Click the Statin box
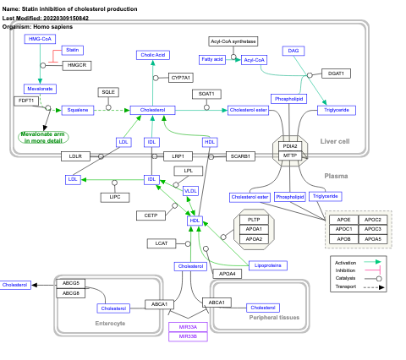(74, 50)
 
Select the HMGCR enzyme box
(76, 65)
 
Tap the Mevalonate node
(41, 88)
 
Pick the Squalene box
(78, 110)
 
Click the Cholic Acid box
(153, 55)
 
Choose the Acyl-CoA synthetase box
(233, 41)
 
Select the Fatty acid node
(212, 59)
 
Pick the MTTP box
(290, 155)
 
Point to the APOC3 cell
(373, 205)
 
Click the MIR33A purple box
(188, 327)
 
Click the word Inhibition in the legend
(346, 270)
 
